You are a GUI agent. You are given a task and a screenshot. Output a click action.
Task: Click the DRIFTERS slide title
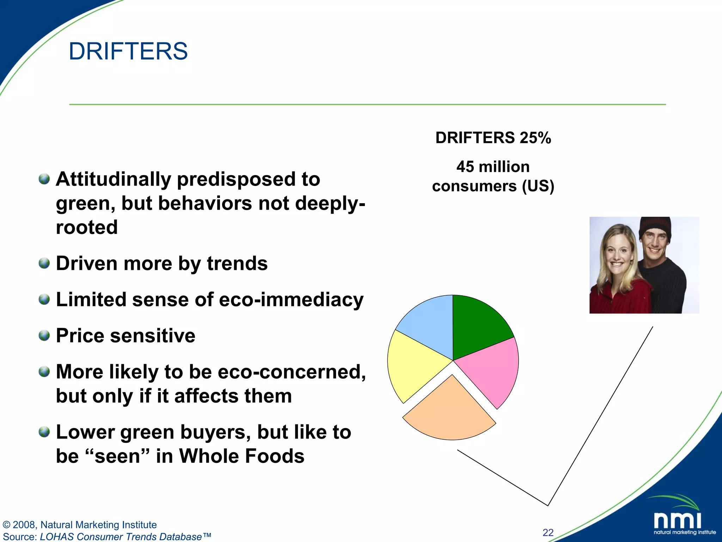[128, 52]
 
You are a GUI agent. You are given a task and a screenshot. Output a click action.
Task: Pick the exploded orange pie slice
[449, 413]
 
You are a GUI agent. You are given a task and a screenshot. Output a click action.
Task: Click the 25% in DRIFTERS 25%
[535, 138]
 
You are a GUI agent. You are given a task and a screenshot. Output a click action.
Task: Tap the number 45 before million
[465, 167]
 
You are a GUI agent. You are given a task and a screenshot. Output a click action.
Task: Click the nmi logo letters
[677, 520]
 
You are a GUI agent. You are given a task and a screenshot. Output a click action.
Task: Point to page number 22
[548, 532]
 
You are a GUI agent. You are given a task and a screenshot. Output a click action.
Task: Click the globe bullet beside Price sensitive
[44, 335]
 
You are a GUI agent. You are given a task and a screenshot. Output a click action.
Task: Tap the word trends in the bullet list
[237, 264]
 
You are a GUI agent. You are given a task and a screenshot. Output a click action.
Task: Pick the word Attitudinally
[113, 179]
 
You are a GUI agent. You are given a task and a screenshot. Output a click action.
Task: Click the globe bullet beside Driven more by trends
[44, 263]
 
